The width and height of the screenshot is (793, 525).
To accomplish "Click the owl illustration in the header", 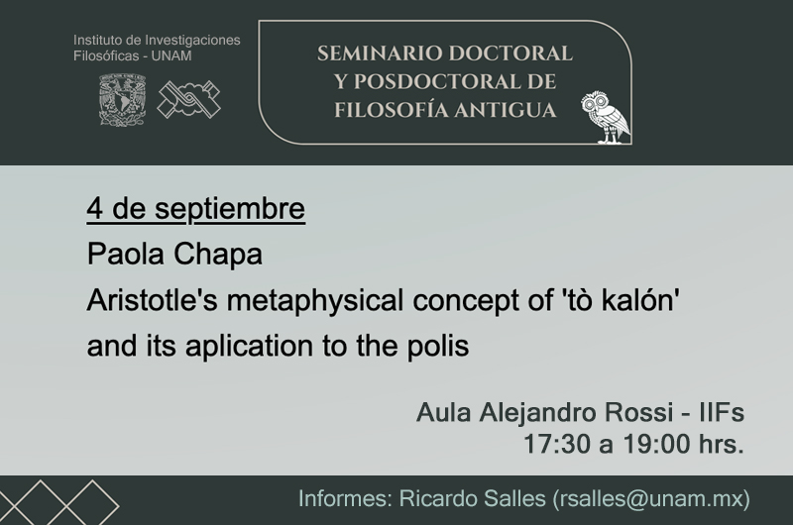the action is tap(606, 117).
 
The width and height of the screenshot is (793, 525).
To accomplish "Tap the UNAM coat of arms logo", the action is tap(122, 99).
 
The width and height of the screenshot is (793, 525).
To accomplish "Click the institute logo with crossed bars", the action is tap(189, 99).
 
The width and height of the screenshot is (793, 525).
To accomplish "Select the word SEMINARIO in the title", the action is tap(380, 53).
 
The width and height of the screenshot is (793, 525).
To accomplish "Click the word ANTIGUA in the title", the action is tap(505, 110).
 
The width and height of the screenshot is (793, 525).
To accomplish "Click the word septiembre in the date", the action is tap(230, 210).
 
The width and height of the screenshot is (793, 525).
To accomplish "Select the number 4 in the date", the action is tap(94, 208).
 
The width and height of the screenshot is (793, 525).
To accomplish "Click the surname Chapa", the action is tap(218, 255).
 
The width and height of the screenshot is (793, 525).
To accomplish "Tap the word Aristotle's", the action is tap(153, 300).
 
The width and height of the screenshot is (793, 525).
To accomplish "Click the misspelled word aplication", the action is tap(250, 347).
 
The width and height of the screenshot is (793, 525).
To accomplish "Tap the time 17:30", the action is tap(556, 444).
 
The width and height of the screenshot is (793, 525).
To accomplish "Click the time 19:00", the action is tap(656, 444).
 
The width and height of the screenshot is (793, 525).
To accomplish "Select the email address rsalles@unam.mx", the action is tap(651, 498).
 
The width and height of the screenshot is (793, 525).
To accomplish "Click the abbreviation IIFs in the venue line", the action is tap(722, 412).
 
